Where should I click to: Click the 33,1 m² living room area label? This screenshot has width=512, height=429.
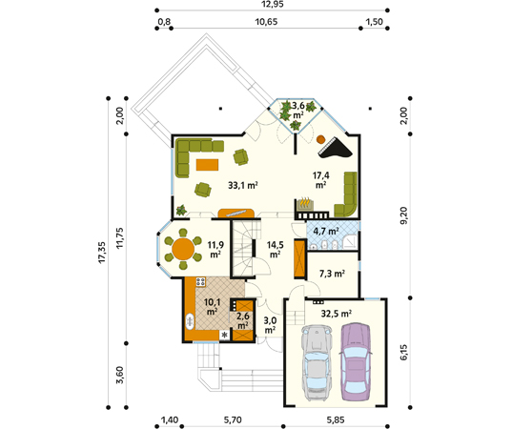coord(243,186)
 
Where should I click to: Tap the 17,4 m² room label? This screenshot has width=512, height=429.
coord(322,180)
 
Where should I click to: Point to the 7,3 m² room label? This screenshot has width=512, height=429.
coord(332,273)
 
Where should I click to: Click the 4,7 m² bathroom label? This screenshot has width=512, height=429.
coord(327,231)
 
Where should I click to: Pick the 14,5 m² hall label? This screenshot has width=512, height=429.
coord(275,249)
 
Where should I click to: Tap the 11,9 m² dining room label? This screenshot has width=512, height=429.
coord(216,250)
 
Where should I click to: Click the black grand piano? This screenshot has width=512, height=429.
coord(333,144)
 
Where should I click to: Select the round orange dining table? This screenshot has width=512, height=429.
coord(181,250)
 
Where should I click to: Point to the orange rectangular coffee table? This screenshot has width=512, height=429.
coord(205,166)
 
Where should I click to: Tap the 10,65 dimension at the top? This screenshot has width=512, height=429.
coord(266,22)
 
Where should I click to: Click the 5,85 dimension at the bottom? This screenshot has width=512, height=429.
coord(338,420)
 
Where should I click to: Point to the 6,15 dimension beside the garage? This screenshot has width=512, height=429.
coord(404,351)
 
